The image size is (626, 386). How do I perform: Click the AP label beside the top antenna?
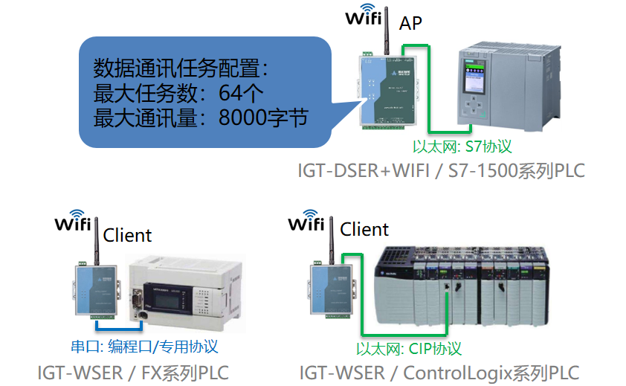pos(410,24)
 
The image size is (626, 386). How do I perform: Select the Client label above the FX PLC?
pos(127,236)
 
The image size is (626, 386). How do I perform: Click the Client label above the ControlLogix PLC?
pos(364,229)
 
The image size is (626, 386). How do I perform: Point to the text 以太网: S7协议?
pos(462,146)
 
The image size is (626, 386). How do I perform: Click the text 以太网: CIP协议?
pos(408,348)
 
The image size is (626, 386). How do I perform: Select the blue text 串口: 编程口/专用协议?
pos(144,347)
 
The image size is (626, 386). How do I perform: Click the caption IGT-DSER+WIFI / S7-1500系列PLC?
pos(441,170)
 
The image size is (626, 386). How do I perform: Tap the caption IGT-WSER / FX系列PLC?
pos(133,372)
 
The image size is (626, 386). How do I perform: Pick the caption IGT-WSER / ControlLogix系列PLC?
pos(439,372)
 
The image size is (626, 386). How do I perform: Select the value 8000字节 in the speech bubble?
pos(264,118)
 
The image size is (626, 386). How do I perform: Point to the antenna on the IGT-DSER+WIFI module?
pos(386,37)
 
